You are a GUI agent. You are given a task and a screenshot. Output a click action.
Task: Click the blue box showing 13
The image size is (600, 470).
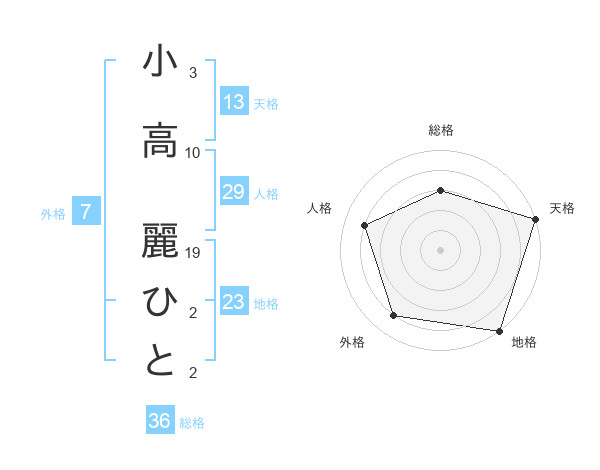(x=233, y=102)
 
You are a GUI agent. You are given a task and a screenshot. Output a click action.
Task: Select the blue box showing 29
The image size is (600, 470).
(x=233, y=192)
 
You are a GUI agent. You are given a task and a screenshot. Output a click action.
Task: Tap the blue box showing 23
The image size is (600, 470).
(x=233, y=302)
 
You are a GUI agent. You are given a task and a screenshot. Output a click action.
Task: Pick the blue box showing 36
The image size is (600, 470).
(x=159, y=421)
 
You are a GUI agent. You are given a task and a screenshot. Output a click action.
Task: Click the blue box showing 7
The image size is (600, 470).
(x=86, y=212)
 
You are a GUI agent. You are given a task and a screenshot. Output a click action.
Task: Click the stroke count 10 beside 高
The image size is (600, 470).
(x=193, y=152)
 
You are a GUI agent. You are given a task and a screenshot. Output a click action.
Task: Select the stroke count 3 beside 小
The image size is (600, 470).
(x=193, y=73)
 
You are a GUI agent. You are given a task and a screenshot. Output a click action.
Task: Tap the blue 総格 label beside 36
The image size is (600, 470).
(x=192, y=423)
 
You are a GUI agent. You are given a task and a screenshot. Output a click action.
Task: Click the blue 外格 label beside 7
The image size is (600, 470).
(x=53, y=213)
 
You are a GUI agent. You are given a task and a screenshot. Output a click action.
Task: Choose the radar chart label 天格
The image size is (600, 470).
(x=562, y=208)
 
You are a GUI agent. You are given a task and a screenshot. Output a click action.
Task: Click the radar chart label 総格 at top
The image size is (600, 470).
(x=441, y=130)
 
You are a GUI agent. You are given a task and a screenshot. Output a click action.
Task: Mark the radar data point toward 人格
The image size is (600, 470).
(x=365, y=225)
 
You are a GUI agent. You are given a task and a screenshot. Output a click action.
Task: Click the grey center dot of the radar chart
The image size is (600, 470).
(x=441, y=250)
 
